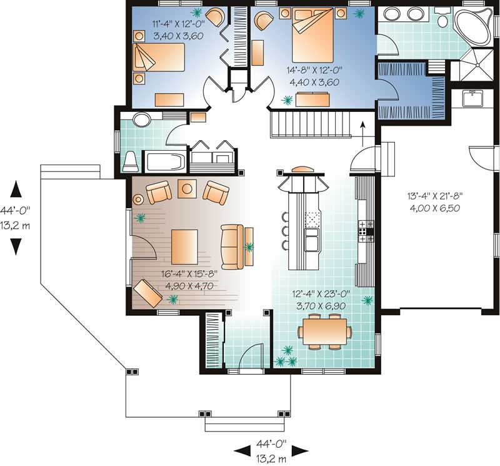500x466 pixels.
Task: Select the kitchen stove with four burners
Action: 366,231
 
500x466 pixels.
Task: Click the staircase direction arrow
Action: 363,131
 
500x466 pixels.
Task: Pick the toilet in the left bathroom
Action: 130,161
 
